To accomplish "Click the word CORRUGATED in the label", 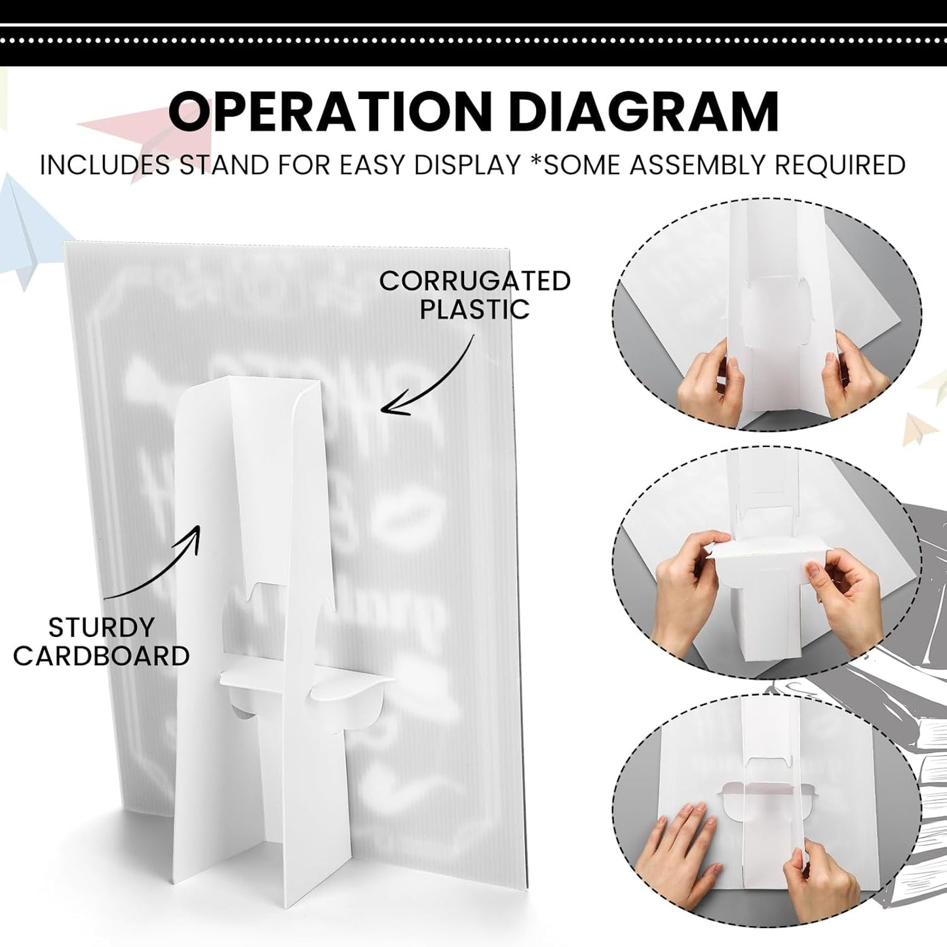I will [x=474, y=281].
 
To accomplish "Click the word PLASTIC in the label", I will [x=474, y=309].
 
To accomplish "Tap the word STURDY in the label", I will [x=101, y=627].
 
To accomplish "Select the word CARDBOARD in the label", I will [x=101, y=655].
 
